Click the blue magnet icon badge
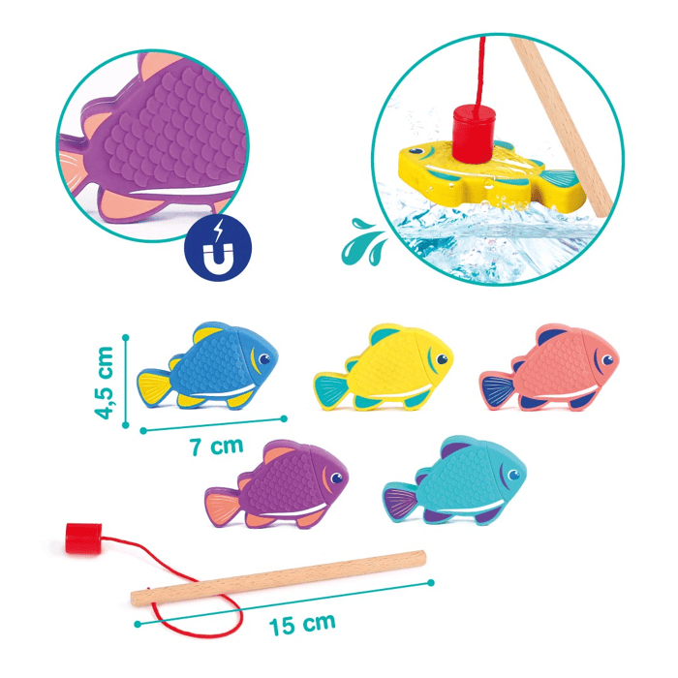[218, 248]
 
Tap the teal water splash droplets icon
[364, 242]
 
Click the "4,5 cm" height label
[104, 383]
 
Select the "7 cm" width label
[217, 447]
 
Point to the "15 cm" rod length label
[302, 624]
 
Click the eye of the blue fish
[263, 359]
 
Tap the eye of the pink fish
[607, 359]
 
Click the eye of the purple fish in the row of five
[336, 478]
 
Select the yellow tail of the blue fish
[154, 387]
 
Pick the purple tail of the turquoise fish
[400, 502]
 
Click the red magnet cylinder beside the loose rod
[83, 539]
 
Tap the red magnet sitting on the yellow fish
[474, 134]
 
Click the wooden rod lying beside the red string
[278, 578]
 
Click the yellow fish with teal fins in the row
[384, 367]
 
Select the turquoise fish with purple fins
[455, 479]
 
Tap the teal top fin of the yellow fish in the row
[384, 335]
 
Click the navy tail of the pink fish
[499, 391]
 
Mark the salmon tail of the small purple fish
[222, 508]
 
